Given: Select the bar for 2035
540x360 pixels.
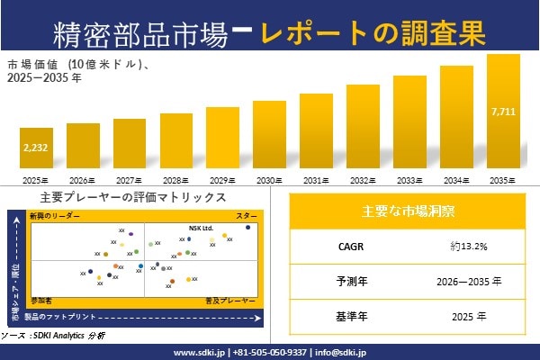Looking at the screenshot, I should point(503,112).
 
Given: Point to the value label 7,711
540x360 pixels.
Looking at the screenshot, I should point(503,112).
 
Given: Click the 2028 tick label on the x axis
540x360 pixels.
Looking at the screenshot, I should point(176,180).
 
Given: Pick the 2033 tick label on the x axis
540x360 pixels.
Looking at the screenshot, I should point(409,180).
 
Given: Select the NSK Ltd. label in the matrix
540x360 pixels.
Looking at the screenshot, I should point(201,228).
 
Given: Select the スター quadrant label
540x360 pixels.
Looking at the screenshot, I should point(247,217).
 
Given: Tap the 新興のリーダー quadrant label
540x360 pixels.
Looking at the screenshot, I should point(55,217).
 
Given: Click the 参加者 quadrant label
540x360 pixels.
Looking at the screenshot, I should point(41,298).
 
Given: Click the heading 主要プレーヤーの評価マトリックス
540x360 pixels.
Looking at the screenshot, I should point(132,197).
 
